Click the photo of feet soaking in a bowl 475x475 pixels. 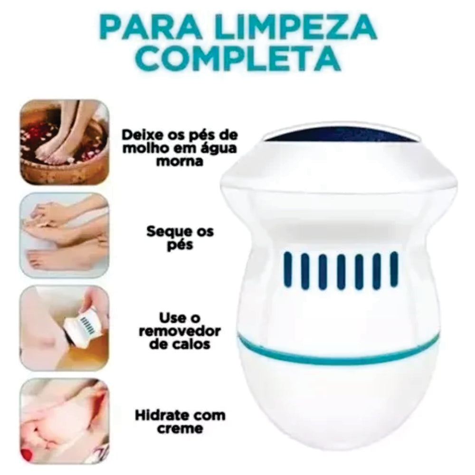65,142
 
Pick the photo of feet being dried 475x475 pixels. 65,235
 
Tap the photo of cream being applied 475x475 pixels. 65,420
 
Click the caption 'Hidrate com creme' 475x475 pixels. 180,421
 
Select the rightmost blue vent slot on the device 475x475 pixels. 394,269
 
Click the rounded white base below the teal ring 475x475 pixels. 340,404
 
